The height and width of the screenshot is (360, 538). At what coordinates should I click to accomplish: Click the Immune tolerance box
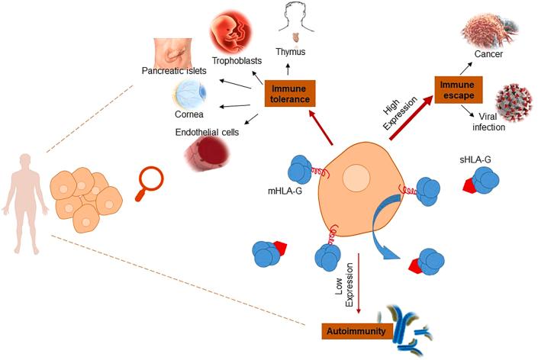289,95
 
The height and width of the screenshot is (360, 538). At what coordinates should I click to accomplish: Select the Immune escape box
460,88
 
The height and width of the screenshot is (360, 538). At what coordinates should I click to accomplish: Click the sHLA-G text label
472,161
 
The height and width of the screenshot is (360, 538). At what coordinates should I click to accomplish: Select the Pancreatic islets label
173,71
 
